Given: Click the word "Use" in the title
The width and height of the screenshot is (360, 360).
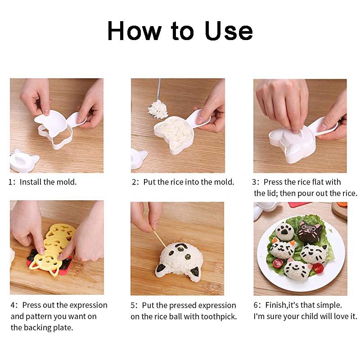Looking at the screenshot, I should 229,31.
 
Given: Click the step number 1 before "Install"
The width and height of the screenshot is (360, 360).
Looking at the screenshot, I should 11,182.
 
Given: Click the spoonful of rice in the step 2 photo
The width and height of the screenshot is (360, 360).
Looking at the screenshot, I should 157,108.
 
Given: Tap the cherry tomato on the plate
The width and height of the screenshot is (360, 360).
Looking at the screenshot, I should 318,267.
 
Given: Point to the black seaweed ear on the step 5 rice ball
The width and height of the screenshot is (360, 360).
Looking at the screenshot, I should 194,271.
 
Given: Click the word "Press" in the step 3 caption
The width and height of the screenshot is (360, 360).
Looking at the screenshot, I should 273,182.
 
